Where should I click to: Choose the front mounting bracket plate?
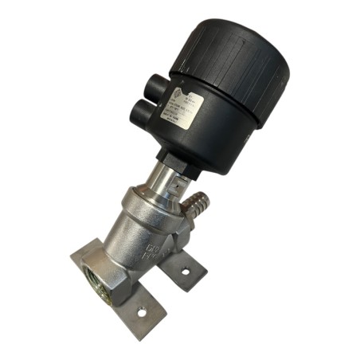(135, 311)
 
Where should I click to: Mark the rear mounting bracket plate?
(185, 267)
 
